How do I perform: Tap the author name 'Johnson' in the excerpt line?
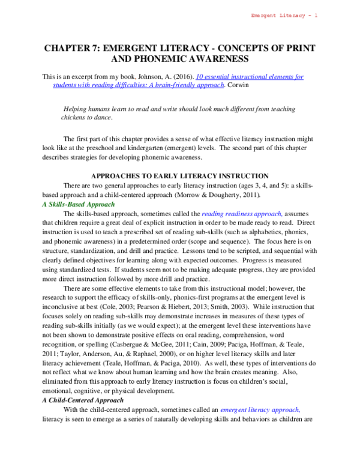tap(140, 77)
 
